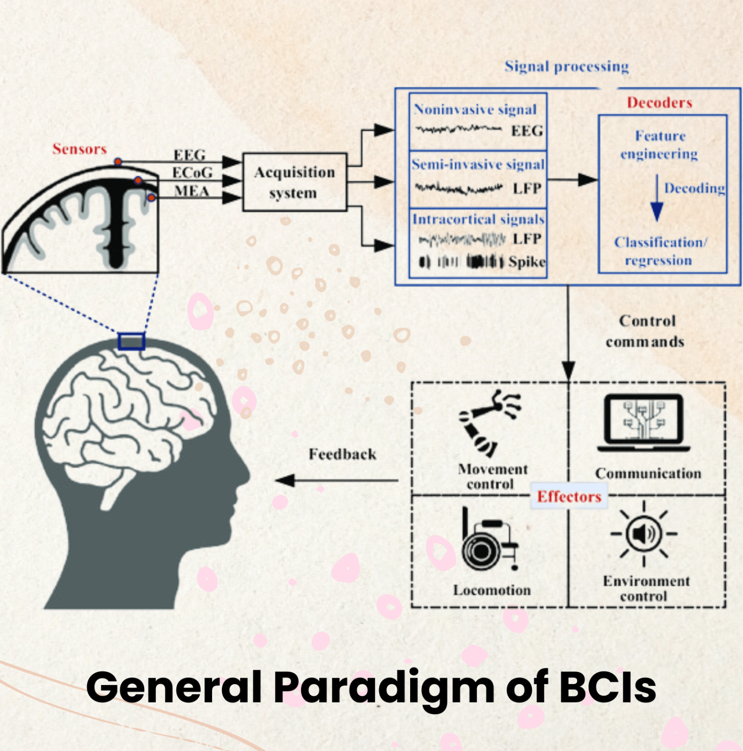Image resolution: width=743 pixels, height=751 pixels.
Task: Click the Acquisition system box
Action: [295, 182]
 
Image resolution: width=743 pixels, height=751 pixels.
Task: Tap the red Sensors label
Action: [79, 149]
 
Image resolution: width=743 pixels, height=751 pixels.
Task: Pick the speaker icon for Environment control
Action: [644, 533]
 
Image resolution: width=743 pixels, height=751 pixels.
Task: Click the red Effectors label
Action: [569, 496]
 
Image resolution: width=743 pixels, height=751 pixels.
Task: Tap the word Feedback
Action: [342, 454]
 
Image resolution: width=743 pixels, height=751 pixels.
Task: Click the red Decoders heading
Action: [659, 103]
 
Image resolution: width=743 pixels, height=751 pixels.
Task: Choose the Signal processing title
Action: [567, 66]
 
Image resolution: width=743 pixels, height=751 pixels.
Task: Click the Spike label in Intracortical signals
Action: [526, 262]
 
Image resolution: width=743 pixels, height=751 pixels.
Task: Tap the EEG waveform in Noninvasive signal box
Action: [458, 130]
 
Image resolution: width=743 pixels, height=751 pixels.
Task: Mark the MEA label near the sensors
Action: [192, 191]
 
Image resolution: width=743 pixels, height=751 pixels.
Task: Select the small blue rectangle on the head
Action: [131, 341]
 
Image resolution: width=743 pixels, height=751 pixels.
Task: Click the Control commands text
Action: [646, 331]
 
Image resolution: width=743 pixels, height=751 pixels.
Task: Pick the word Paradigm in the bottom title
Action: [383, 687]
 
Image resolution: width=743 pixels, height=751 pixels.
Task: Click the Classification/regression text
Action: [660, 251]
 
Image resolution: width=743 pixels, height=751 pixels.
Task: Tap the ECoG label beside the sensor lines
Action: [192, 173]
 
